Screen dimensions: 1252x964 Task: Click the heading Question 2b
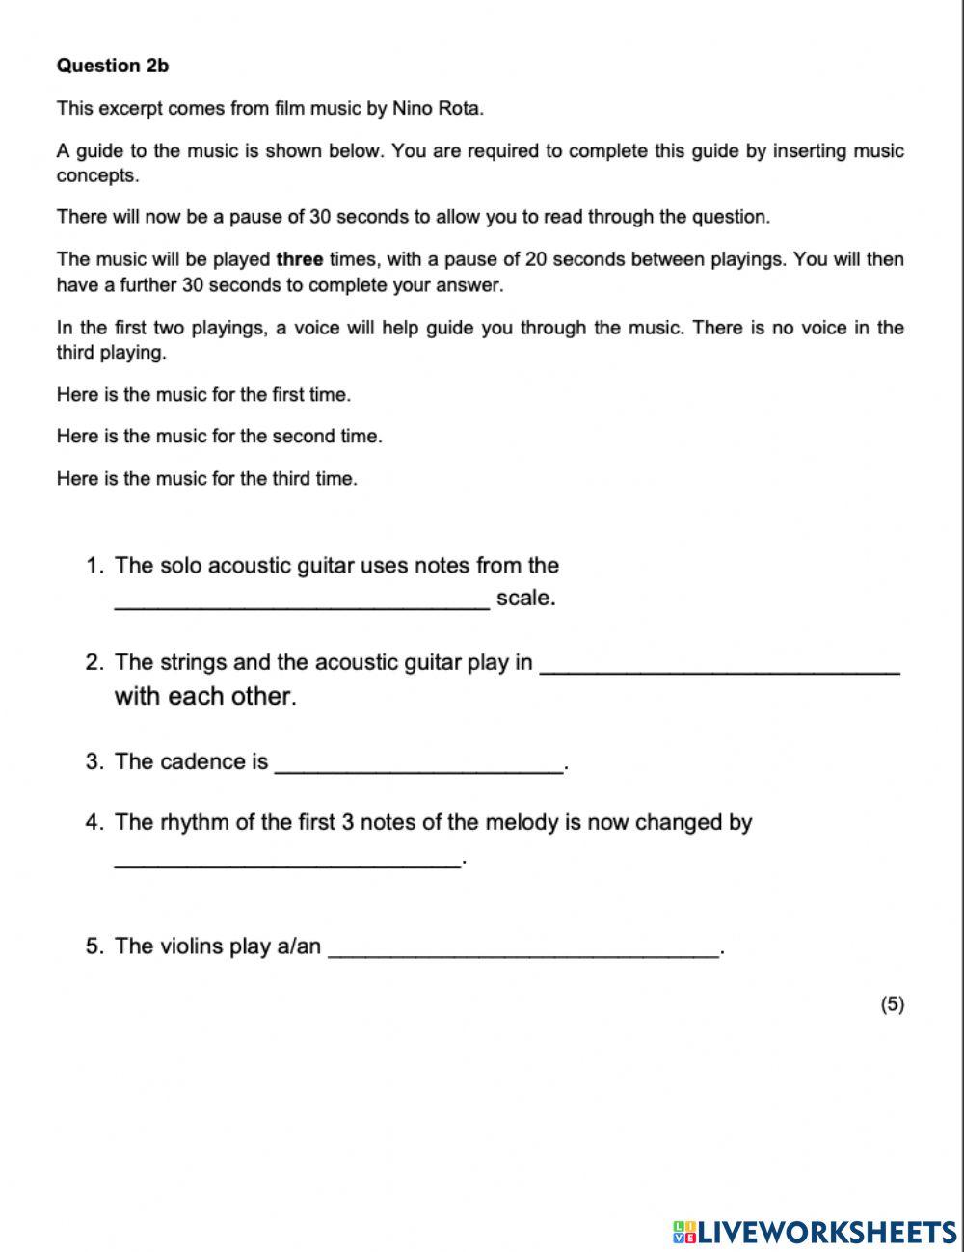[112, 66]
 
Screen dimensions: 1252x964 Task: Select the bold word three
[299, 259]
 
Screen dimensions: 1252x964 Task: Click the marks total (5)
[892, 1004]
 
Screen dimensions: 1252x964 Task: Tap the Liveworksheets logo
[815, 1231]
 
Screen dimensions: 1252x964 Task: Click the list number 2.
[94, 662]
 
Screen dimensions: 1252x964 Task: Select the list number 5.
[94, 946]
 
